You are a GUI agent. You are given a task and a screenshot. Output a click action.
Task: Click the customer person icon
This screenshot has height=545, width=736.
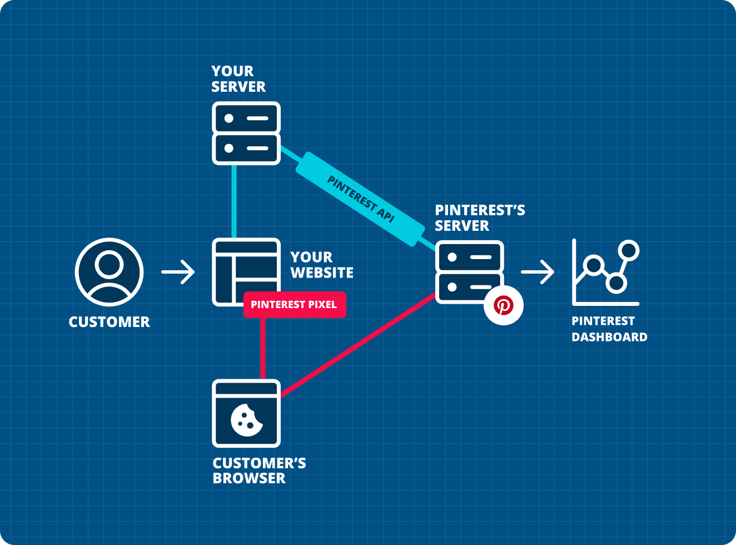(109, 272)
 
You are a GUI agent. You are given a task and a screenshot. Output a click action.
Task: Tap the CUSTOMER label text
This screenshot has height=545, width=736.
(109, 322)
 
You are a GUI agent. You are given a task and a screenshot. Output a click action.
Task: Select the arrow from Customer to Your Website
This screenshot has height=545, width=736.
(178, 272)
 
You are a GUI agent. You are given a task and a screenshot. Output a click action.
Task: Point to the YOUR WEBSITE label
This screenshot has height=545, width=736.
(321, 265)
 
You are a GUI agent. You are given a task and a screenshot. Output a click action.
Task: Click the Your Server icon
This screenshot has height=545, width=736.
(246, 133)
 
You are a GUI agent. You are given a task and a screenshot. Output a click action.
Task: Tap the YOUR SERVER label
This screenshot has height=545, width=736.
(238, 79)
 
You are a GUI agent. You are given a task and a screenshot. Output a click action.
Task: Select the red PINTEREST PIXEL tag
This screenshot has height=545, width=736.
(294, 305)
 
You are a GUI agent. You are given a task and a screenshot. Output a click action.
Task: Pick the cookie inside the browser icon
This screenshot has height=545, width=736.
(246, 420)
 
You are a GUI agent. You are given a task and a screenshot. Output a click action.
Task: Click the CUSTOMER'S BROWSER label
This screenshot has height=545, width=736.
(258, 470)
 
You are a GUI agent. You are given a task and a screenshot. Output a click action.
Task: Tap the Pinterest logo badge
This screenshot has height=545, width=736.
(503, 305)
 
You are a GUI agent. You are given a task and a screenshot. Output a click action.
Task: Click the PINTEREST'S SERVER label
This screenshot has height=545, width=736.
(479, 218)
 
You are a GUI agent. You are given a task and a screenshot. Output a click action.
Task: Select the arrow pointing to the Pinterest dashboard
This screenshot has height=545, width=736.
(538, 272)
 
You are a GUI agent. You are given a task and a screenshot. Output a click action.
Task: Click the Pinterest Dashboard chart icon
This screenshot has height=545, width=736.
(605, 272)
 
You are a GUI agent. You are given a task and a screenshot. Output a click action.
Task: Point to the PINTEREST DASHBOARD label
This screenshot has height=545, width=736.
(609, 329)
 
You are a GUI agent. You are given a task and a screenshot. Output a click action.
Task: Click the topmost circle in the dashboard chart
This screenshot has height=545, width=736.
(629, 250)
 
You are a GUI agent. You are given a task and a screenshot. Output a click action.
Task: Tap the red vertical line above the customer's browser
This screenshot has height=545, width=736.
(262, 349)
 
